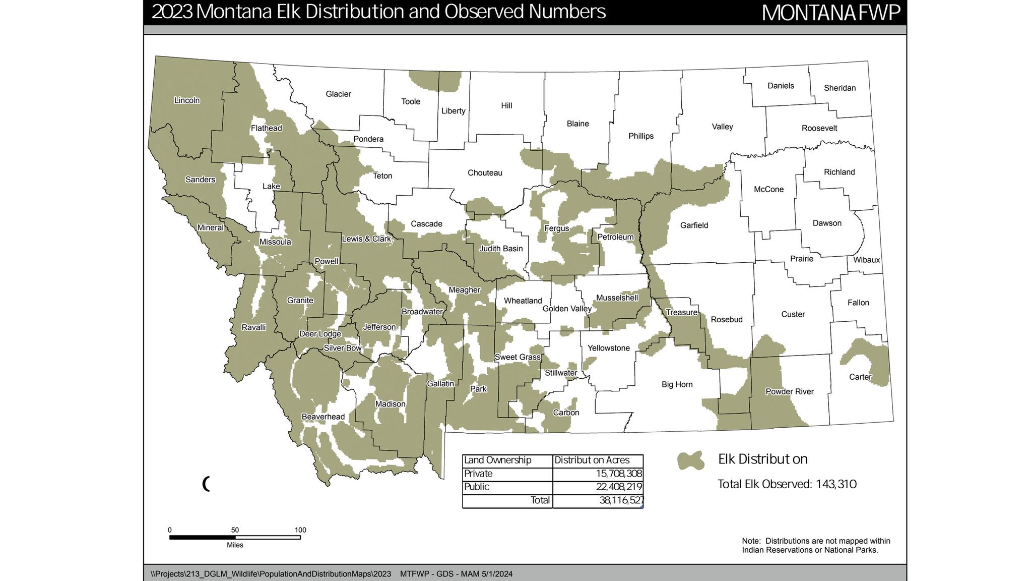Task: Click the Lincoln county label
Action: click(x=187, y=100)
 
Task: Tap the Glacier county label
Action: click(x=338, y=94)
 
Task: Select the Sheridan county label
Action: click(x=840, y=88)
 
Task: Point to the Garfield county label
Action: click(x=694, y=225)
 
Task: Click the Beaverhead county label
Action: click(x=323, y=417)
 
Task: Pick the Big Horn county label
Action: click(x=677, y=384)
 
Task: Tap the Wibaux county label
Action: click(x=866, y=260)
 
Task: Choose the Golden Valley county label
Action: click(x=566, y=309)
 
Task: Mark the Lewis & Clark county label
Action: click(x=366, y=239)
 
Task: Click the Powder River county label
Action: click(x=789, y=391)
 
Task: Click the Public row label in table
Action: click(x=477, y=487)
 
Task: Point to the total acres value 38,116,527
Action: click(x=621, y=500)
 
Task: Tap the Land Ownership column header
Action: click(x=497, y=460)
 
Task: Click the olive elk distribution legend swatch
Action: click(x=690, y=460)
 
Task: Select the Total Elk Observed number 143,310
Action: click(x=836, y=484)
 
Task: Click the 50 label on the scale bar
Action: click(x=235, y=530)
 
